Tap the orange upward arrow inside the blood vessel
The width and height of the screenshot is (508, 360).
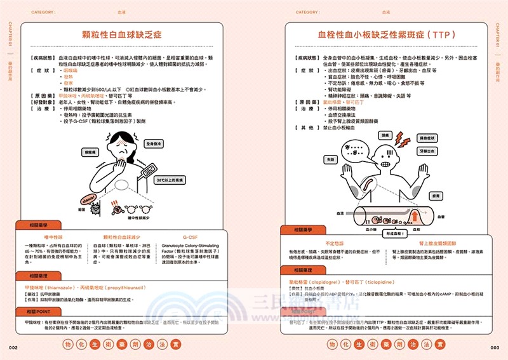pyautogui.click(x=414, y=218)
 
